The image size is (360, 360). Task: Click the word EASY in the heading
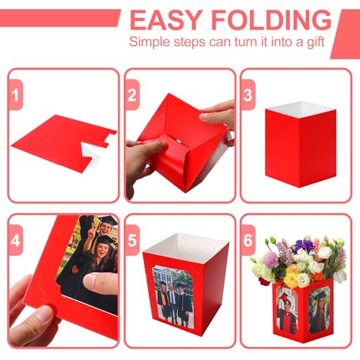click(166, 20)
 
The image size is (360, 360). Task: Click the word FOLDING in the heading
click(271, 20)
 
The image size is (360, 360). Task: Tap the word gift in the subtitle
click(315, 42)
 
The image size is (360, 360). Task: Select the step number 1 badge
click(16, 95)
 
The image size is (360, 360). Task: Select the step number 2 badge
click(132, 95)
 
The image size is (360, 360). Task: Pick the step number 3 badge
click(248, 95)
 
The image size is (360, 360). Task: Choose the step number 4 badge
click(16, 240)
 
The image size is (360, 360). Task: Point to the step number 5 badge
click(132, 240)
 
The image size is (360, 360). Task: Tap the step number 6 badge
click(248, 240)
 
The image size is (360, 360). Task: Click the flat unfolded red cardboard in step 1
click(60, 143)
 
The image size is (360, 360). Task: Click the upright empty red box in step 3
click(300, 144)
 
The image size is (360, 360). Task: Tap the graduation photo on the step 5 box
click(174, 297)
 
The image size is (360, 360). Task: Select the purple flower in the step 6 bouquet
click(303, 245)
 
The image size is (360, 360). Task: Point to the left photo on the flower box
click(287, 310)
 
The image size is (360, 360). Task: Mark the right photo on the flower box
click(320, 310)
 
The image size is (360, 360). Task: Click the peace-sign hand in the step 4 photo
click(91, 230)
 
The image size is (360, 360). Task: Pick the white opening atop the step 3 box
click(301, 109)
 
